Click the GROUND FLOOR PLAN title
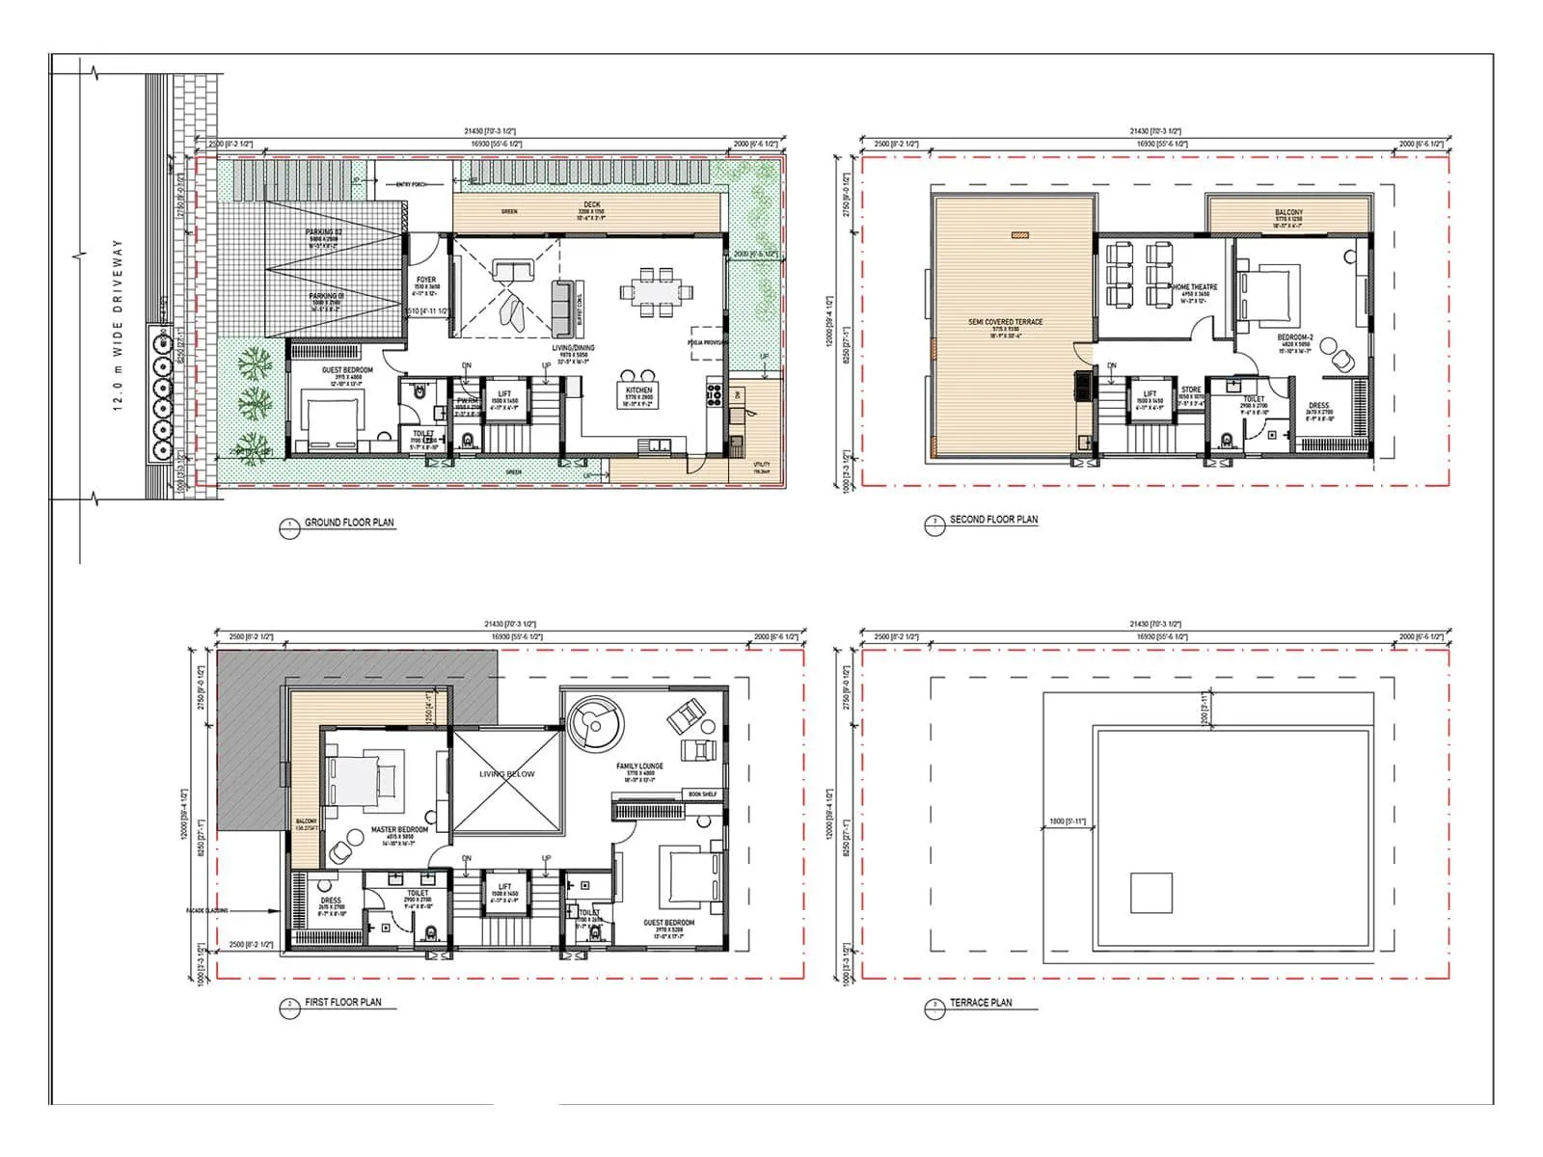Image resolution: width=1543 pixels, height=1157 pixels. coord(349,523)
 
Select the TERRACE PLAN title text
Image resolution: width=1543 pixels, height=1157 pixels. coord(981,1003)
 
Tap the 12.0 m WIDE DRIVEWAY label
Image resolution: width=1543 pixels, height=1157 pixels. coord(119,326)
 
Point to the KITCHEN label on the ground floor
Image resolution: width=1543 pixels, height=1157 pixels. coord(638,390)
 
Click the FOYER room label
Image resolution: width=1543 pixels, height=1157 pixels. coord(425,280)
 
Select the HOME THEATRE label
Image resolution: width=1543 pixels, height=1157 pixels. coord(1195,287)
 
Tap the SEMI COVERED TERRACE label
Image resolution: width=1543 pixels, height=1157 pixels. coord(1005,322)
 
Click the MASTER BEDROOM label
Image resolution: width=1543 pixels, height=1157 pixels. coord(399,829)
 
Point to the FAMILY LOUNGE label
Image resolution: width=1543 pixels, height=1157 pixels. coord(639,767)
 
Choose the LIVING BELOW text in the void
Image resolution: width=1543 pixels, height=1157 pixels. coord(506,774)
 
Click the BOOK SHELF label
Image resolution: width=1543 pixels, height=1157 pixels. coord(702,794)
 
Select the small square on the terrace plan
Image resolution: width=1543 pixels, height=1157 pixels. coord(1151,893)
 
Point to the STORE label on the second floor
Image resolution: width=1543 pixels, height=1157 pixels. coord(1191,390)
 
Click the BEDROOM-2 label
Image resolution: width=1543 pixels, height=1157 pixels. coord(1295,337)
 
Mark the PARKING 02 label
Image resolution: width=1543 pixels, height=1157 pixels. coord(324,232)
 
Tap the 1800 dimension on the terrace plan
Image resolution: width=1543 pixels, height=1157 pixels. coord(1067,821)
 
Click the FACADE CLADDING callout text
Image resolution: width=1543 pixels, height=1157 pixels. coord(207,910)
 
